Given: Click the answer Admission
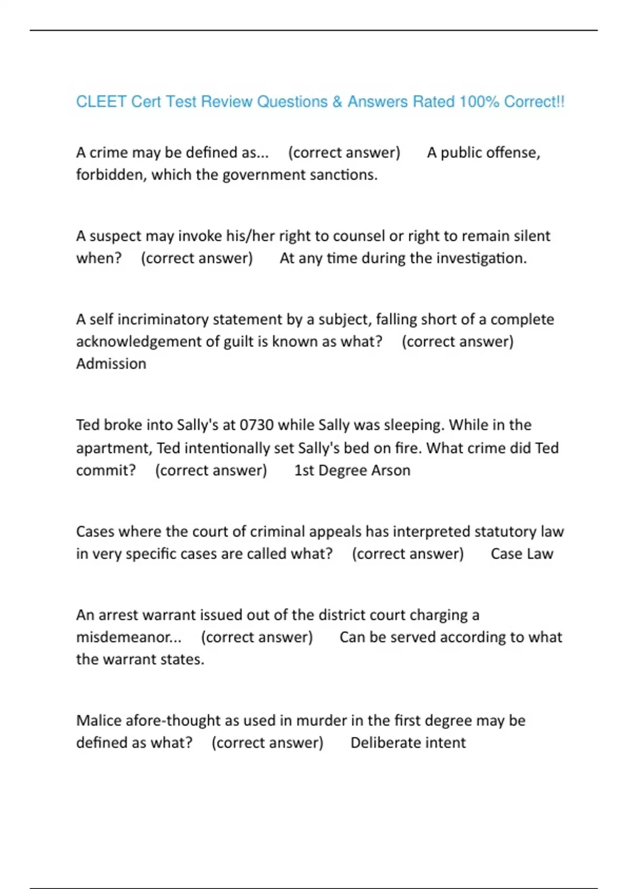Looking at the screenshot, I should point(111,364).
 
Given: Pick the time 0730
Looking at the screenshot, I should point(256,425).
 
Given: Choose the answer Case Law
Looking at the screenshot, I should point(522,554).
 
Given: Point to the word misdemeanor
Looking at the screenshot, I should point(128,637).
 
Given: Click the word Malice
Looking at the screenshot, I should point(99,721).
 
